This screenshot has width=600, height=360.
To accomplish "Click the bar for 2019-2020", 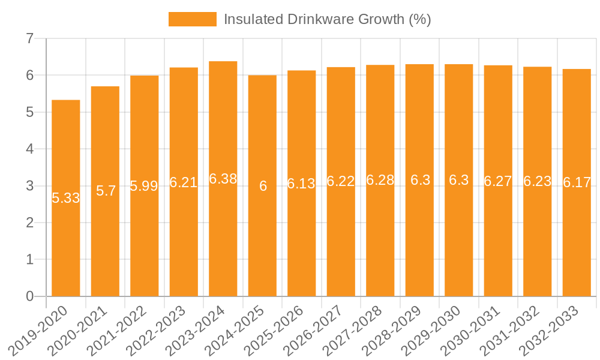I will tap(66, 240).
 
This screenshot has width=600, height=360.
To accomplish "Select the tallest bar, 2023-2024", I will tap(223, 240).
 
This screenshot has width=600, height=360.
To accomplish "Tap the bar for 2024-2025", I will tap(263, 240).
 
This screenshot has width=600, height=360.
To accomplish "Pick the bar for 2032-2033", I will tap(577, 240).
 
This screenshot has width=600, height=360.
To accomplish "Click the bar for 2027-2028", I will tap(380, 240).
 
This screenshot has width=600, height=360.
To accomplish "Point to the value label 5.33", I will tap(66, 198).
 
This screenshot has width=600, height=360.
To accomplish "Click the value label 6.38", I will tap(223, 179).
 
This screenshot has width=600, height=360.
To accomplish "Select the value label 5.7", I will tap(106, 191).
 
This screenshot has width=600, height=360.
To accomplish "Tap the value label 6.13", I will tap(301, 184).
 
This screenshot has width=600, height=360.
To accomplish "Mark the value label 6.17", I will tap(577, 183).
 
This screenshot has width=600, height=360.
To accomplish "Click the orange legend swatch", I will tap(192, 19).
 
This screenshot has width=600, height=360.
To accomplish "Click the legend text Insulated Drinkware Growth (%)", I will tap(327, 19).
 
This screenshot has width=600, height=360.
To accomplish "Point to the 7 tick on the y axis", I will tap(29, 39).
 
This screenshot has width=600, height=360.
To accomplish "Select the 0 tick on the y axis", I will tap(29, 296).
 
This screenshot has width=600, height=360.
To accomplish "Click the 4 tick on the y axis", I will tap(29, 149).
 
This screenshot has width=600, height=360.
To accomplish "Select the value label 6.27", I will tap(498, 181).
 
